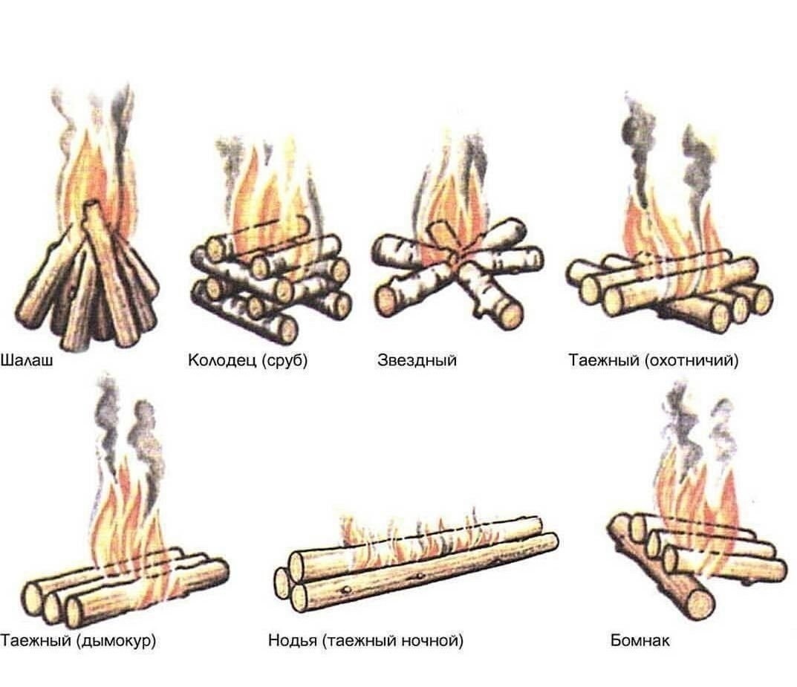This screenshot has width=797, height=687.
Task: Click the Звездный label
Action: [417, 362]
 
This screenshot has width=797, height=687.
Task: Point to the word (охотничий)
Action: [692, 362]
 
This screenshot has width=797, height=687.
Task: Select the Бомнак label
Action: [640, 639]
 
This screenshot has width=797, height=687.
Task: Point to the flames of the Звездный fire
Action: [453, 201]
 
